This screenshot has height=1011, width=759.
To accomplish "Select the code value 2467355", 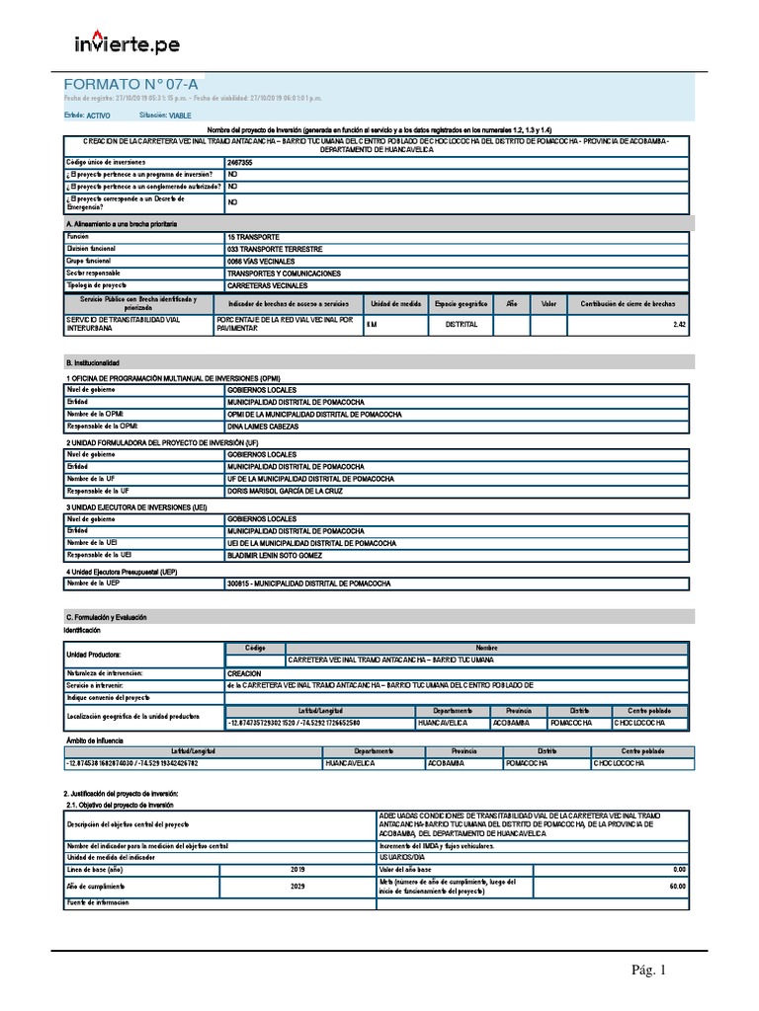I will pyautogui.click(x=241, y=161).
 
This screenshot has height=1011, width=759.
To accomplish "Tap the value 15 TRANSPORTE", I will pyautogui.click(x=253, y=238).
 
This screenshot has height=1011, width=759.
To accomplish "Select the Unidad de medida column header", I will pyautogui.click(x=396, y=304).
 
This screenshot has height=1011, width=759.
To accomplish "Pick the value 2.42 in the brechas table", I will pyautogui.click(x=679, y=324).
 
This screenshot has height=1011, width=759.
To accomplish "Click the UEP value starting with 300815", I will pyautogui.click(x=308, y=583).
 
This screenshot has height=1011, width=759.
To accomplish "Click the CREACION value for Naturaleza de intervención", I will pyautogui.click(x=244, y=672).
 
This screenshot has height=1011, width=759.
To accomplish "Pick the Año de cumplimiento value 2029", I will pyautogui.click(x=298, y=886).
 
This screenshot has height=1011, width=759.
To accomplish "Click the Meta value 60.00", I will pyautogui.click(x=677, y=886).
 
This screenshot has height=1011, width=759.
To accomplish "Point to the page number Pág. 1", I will pyautogui.click(x=649, y=971).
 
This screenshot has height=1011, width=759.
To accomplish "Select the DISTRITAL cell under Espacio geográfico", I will pyautogui.click(x=462, y=324).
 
